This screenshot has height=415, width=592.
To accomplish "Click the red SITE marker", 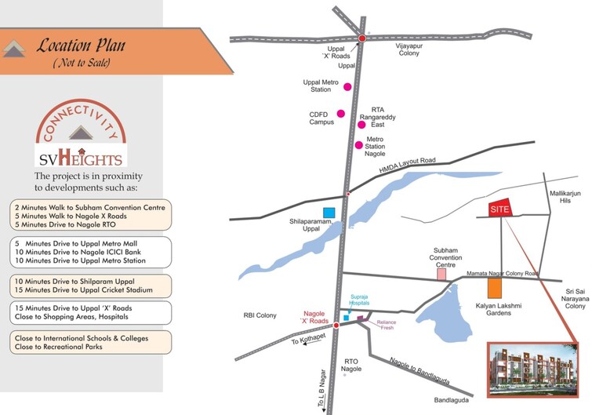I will coord(499,209).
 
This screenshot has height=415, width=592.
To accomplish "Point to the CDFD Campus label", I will coord(321,118).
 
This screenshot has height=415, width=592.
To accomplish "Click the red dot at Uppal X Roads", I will coord(362,38).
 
